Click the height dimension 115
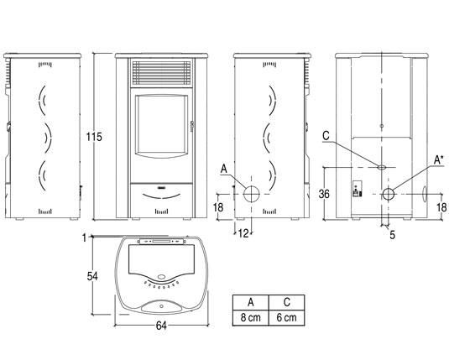(94, 137)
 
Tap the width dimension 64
(161, 326)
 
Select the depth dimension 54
(92, 276)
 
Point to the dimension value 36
(324, 194)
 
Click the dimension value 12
(243, 233)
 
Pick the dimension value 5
(392, 235)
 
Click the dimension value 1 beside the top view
(84, 237)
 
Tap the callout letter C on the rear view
(326, 136)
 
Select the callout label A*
(439, 159)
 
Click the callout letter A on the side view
(223, 169)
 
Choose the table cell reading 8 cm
(251, 317)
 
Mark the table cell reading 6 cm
(287, 317)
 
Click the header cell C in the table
(287, 302)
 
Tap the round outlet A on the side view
(252, 194)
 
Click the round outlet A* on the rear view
(389, 194)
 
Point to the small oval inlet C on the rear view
(381, 167)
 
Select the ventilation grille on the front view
(161, 73)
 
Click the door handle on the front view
(192, 126)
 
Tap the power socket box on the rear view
(357, 189)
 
